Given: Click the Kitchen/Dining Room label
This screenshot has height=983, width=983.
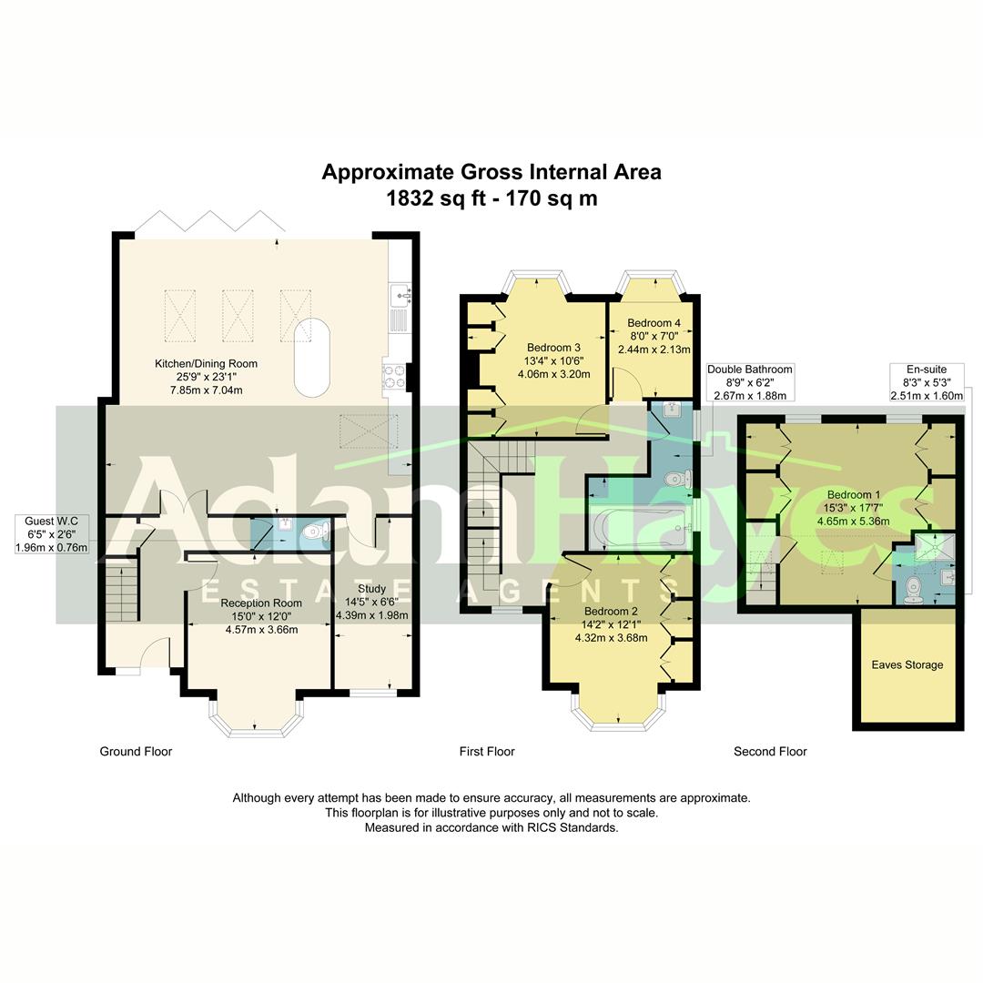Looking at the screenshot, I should pyautogui.click(x=206, y=363).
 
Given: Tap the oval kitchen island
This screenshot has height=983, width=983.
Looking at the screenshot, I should pyautogui.click(x=311, y=357).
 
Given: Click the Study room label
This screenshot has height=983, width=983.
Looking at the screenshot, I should pyautogui.click(x=371, y=589).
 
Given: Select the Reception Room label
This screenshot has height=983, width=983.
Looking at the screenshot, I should pyautogui.click(x=261, y=603).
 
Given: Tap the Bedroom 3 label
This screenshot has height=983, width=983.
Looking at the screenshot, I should pyautogui.click(x=553, y=347).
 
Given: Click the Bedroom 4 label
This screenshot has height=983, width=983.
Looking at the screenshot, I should pyautogui.click(x=654, y=323).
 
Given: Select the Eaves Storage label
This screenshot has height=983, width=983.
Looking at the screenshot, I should pyautogui.click(x=907, y=664).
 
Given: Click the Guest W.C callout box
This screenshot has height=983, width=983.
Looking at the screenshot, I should pyautogui.click(x=52, y=534).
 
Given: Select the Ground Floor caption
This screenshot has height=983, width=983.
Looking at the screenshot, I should pyautogui.click(x=136, y=751).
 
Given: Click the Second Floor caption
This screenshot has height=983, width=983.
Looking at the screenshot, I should pyautogui.click(x=770, y=751).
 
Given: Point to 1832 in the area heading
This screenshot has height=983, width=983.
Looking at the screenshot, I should pyautogui.click(x=409, y=198).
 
